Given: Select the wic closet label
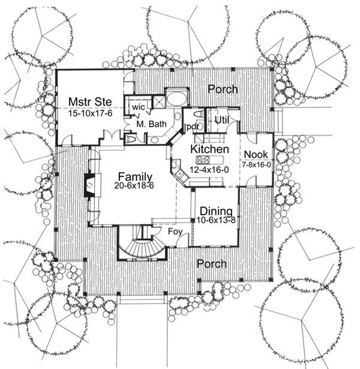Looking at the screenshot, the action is click(x=139, y=107).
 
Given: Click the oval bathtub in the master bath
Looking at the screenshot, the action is click(x=176, y=97).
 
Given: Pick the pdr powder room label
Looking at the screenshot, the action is click(x=193, y=126).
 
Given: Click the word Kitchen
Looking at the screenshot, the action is click(x=209, y=149).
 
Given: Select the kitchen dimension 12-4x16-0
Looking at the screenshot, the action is click(x=209, y=171).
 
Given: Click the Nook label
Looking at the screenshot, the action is click(x=256, y=155).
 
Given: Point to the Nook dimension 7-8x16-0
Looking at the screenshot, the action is click(x=257, y=164).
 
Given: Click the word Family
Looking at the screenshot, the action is click(x=134, y=176).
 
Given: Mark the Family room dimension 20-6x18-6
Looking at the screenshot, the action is click(x=134, y=187).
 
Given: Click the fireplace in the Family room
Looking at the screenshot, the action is click(x=89, y=185).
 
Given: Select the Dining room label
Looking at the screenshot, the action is click(x=215, y=211).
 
